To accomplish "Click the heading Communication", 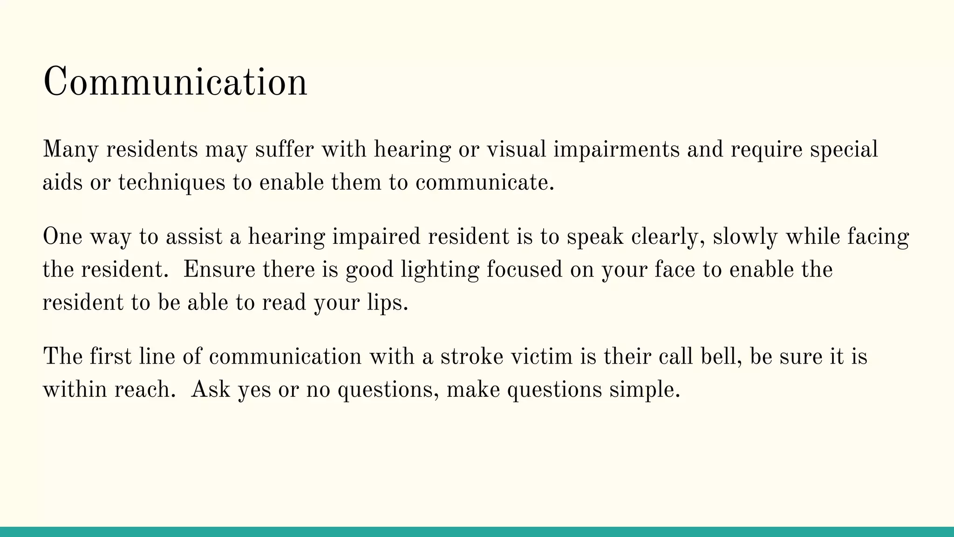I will [175, 82].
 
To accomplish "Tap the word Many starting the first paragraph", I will [70, 150].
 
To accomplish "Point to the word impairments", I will [616, 150].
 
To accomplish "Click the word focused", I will [525, 269].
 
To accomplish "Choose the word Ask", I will [211, 389].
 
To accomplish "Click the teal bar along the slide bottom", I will [477, 532].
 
